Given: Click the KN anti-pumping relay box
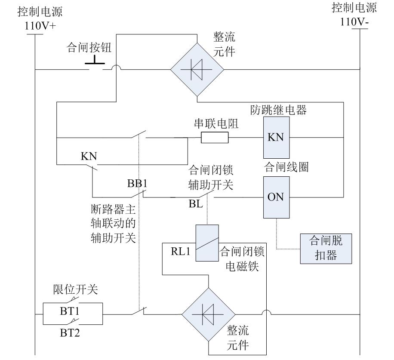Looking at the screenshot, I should pos(275,138).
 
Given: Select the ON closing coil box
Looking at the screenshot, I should pos(275,197).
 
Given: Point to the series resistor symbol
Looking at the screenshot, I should pos(215,138).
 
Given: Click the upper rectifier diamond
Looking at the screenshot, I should pos(197,69).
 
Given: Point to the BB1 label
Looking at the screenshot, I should pos(138,183).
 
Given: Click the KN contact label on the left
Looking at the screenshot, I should pos(88,156).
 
